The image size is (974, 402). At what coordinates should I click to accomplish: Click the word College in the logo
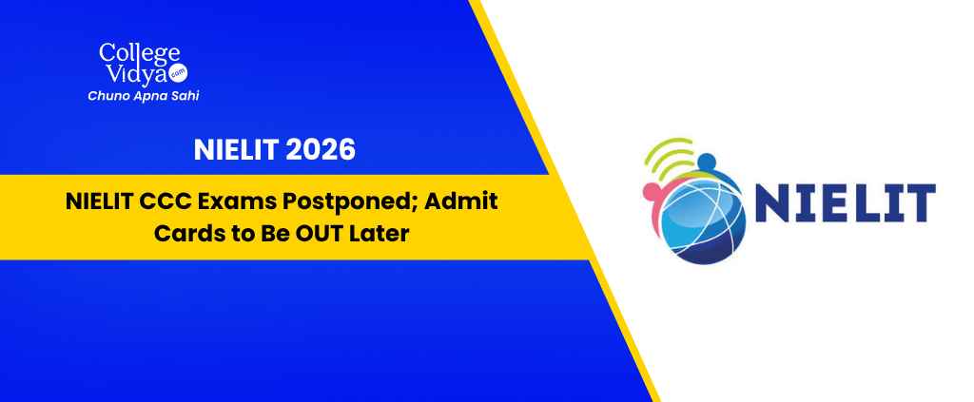[x=140, y=54]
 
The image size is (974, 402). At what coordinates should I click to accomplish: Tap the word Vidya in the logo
[x=135, y=73]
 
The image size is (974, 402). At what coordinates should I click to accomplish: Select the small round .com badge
[x=180, y=73]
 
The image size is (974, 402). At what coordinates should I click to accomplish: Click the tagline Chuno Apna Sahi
[x=144, y=96]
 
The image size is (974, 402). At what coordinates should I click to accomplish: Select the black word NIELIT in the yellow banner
[x=96, y=202]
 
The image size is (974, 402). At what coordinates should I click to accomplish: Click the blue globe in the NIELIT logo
[x=703, y=220]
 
